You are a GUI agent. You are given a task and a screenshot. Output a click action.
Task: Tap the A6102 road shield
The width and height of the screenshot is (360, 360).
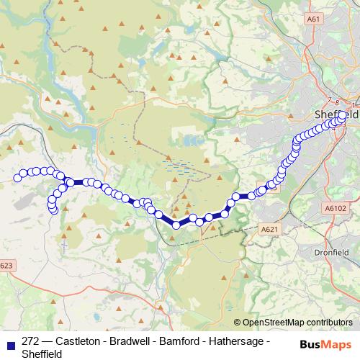(x=337, y=207)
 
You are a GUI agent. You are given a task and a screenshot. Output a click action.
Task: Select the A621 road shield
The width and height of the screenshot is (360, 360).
(x=268, y=230)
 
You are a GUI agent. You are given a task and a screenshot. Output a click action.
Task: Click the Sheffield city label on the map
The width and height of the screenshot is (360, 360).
(x=336, y=114)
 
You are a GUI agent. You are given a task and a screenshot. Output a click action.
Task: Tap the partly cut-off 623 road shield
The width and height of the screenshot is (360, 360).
(x=6, y=266)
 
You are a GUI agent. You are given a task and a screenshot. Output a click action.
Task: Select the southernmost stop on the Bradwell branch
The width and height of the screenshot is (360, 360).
(x=53, y=210)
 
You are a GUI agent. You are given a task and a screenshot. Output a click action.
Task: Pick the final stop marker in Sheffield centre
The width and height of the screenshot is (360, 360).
(x=342, y=120)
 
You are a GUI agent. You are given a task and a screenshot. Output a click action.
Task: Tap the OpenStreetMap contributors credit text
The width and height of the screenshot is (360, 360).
(x=297, y=323)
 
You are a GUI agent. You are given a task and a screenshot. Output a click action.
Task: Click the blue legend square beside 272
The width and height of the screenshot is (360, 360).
(x=9, y=341)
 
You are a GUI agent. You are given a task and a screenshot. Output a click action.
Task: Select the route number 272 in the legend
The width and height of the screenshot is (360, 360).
(x=31, y=341)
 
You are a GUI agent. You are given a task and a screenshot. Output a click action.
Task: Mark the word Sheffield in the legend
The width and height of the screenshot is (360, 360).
(x=42, y=354)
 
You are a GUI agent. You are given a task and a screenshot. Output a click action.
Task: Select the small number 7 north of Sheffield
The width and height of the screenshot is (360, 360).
(x=330, y=100)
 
